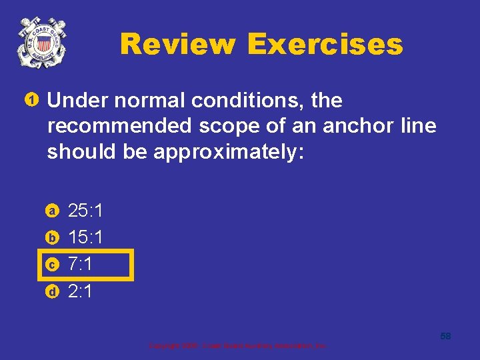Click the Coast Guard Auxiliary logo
41,43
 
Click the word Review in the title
177,45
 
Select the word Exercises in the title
325,45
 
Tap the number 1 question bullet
31,101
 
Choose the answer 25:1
85,211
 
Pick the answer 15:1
85,237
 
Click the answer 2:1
80,291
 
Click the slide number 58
445,336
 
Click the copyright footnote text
237,346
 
